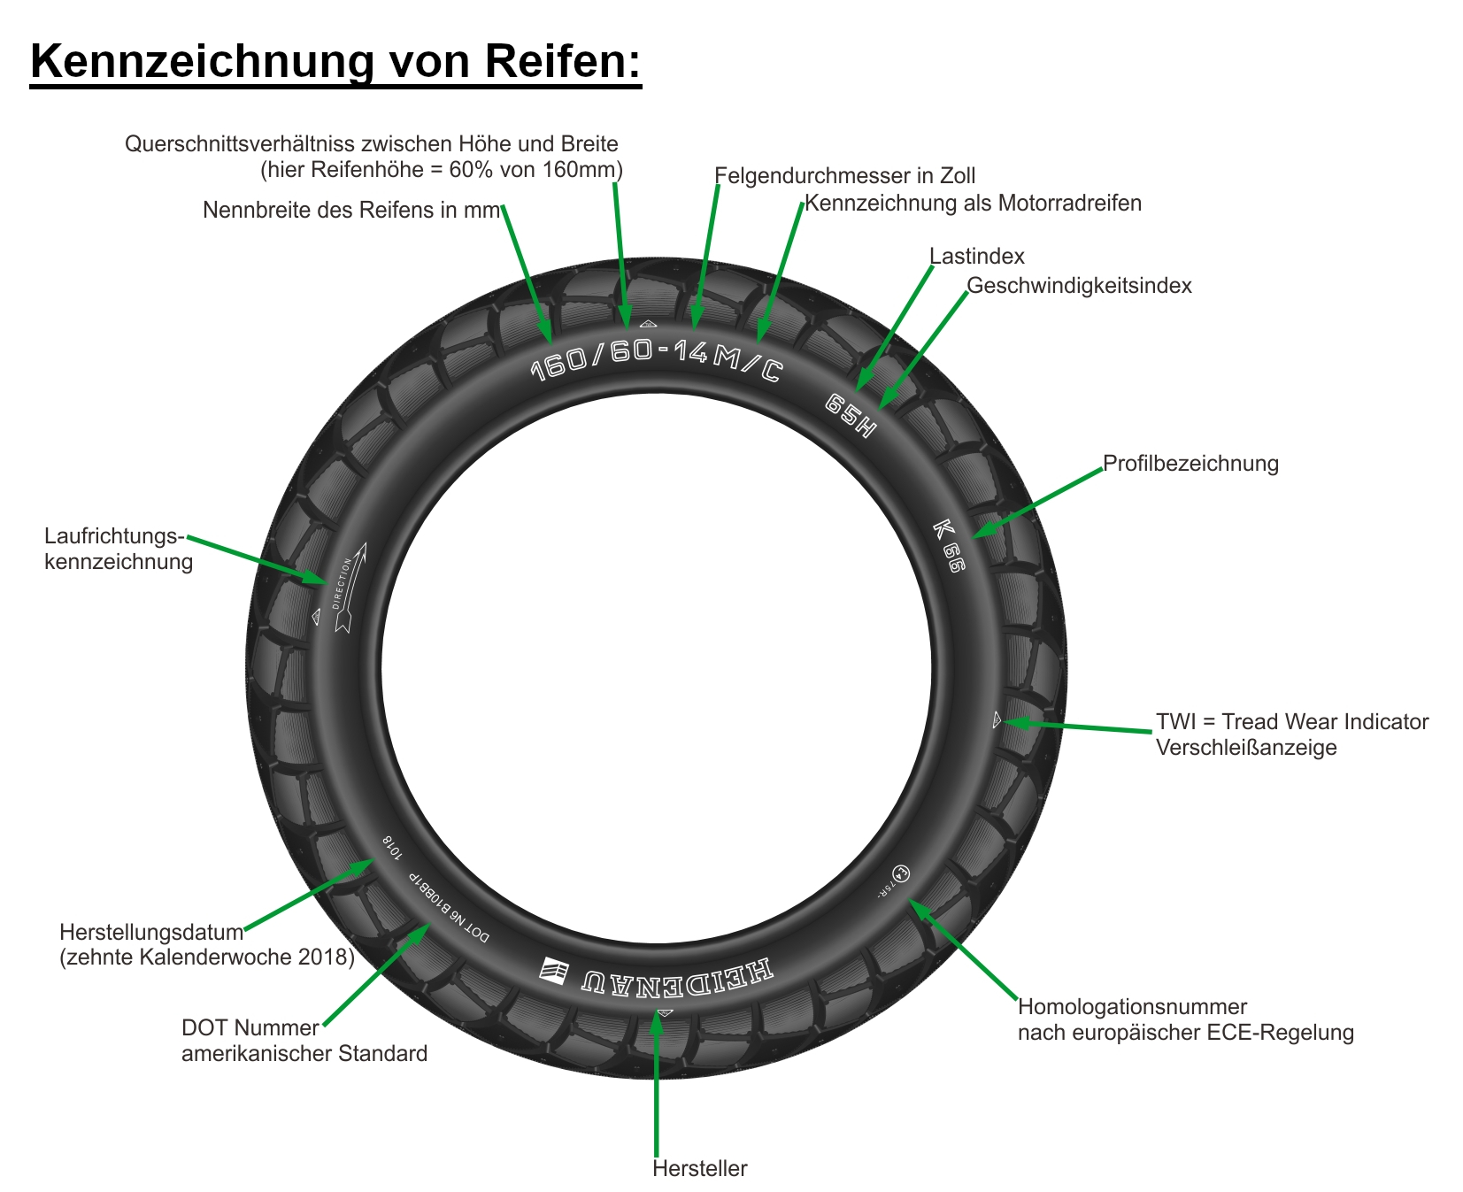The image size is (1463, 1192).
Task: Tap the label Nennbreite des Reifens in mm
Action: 351,210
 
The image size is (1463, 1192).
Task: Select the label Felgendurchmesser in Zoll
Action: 844,176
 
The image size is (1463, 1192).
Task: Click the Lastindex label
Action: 976,257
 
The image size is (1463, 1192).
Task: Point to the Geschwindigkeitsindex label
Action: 1079,286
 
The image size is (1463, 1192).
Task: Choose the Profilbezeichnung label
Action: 1190,464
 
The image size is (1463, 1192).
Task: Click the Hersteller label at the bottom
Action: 699,1169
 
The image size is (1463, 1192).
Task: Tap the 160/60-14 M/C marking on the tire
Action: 656,358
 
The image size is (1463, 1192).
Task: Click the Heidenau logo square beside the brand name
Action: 555,970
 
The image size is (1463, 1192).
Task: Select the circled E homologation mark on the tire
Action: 899,873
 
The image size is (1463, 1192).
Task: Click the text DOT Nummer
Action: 250,1028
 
